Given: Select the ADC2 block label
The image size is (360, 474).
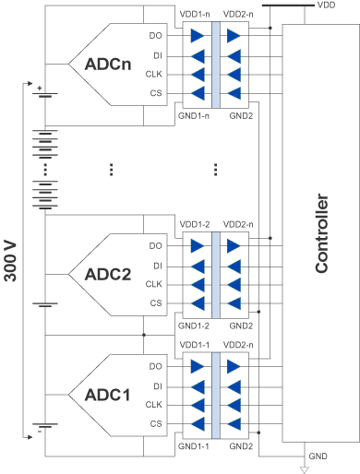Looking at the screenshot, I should (108, 275).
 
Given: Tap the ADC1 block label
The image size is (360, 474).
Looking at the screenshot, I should (108, 395).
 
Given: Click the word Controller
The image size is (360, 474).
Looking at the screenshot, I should (321, 233).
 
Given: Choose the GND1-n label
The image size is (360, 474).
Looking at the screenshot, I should (195, 117).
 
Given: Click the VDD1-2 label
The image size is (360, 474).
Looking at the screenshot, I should (196, 224).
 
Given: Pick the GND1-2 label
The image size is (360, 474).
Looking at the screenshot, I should (196, 326).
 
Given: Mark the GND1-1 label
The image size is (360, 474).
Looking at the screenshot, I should (196, 445).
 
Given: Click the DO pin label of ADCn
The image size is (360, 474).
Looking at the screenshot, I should (155, 36).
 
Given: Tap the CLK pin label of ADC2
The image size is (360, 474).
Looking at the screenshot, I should (153, 285).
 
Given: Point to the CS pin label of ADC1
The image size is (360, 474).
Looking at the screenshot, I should (155, 424).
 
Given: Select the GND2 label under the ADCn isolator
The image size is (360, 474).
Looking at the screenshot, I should (241, 117).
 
